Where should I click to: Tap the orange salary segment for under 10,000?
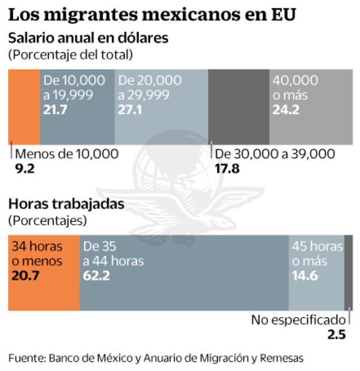coord(24,106)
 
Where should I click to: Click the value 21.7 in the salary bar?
coord(56,110)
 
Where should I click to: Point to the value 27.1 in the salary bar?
coord(130,110)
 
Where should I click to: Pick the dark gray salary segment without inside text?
coord(238,106)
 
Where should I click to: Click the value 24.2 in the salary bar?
coord(286,110)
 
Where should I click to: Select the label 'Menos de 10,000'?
coord(66,154)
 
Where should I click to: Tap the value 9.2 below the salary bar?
coord(25,169)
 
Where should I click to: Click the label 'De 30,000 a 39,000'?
coord(275,154)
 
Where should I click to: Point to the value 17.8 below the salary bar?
coord(227,169)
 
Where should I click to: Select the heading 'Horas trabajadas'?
coord(66,204)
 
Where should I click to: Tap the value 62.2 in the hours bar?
coord(96,276)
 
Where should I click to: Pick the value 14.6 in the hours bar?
coord(305,276)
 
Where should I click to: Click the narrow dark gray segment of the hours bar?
coord(348,273)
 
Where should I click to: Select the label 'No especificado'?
coord(298,320)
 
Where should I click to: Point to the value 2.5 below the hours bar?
coord(337,335)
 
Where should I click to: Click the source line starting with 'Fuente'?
coord(156,358)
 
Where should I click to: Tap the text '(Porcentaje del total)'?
coord(70,55)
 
